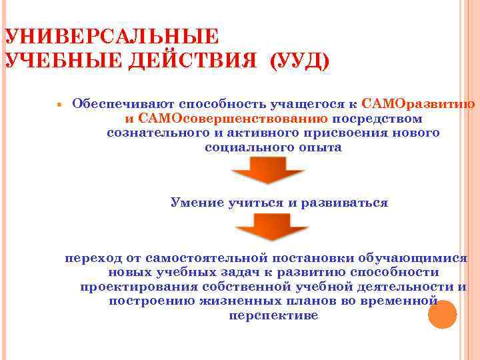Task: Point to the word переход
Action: tap(92, 257)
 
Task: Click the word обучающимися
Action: tap(413, 257)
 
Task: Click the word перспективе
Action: tap(273, 316)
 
